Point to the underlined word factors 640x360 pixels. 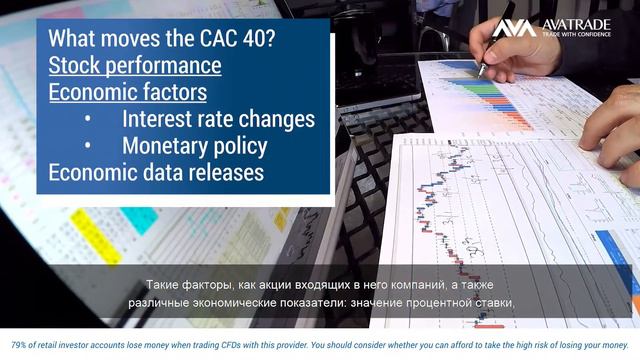pyautogui.click(x=167, y=93)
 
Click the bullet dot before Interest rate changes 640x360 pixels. pyautogui.click(x=88, y=120)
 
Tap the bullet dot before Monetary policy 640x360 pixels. pyautogui.click(x=88, y=146)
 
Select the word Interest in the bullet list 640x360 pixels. pyautogui.click(x=157, y=119)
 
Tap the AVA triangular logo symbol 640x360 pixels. pyautogui.click(x=513, y=27)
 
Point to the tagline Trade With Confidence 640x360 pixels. pyautogui.click(x=582, y=35)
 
